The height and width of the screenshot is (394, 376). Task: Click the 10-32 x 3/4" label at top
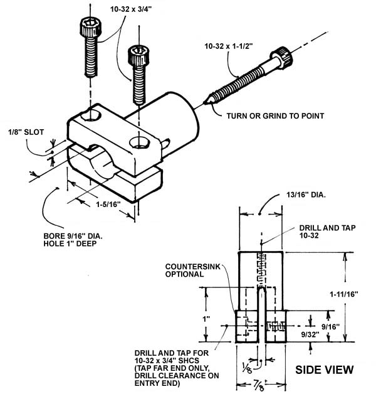click(131, 9)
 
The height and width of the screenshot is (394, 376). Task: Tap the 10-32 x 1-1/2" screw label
click(228, 46)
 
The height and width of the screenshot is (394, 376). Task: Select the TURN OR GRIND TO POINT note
click(275, 116)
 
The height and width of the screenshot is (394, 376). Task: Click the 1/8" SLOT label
click(26, 132)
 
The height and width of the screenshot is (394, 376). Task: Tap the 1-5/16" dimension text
click(108, 205)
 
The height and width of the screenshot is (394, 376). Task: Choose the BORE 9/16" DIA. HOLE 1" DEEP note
click(73, 240)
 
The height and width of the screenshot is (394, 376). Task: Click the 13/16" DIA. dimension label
click(306, 194)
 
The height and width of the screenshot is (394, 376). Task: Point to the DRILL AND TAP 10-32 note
click(327, 232)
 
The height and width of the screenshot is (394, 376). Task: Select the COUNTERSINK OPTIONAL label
click(192, 270)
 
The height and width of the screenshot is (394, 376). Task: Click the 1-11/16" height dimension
click(344, 294)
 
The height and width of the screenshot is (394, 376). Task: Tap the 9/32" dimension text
click(310, 334)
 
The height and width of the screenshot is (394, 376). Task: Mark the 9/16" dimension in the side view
click(331, 326)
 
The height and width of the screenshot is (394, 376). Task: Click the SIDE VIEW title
click(324, 370)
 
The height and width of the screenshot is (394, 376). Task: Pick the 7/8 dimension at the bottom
click(259, 385)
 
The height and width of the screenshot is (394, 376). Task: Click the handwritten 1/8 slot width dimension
click(248, 368)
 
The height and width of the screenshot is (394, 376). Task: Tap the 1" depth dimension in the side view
click(206, 319)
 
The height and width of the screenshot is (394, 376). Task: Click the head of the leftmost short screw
click(90, 27)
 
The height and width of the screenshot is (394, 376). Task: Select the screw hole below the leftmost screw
click(90, 115)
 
